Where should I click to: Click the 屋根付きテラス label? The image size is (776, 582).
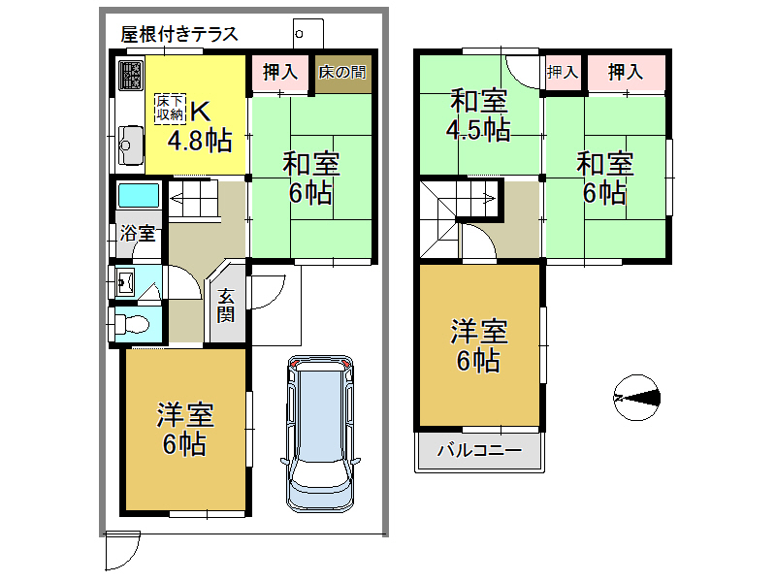coord(179,34)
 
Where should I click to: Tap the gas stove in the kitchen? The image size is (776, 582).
coord(130,75)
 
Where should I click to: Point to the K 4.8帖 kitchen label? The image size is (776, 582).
coord(199,126)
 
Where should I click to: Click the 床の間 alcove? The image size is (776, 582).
coord(342,73)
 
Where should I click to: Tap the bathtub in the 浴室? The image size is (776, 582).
coord(138,194)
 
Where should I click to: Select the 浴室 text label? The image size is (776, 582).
coord(137,234)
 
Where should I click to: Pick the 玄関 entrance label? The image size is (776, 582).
coord(226,306)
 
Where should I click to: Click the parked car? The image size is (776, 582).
coord(321,432)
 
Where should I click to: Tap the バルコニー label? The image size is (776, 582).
coord(479,451)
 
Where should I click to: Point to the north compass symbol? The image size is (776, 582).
coord(637,396)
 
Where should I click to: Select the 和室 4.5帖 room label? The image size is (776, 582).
coord(478,114)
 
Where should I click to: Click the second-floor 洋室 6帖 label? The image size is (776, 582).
coord(478,346)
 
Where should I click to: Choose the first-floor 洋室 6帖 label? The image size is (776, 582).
coord(184,430)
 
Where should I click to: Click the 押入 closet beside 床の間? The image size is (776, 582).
coord(279,73)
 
